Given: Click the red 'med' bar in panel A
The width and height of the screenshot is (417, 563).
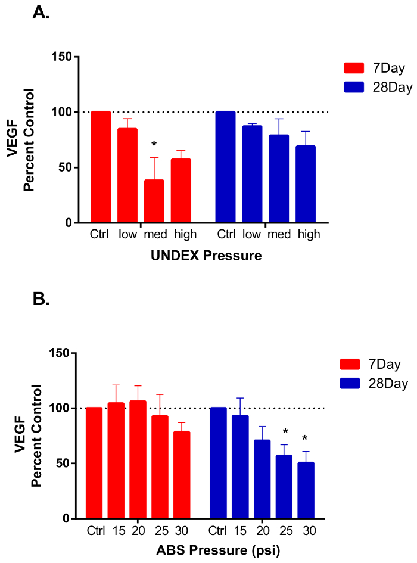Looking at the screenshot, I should [154, 201].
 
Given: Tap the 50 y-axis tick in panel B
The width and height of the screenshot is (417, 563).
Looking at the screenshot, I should [62, 464].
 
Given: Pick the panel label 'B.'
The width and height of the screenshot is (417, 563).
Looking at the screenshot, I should [41, 298].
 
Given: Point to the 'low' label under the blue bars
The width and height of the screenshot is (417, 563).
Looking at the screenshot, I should [251, 235].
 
